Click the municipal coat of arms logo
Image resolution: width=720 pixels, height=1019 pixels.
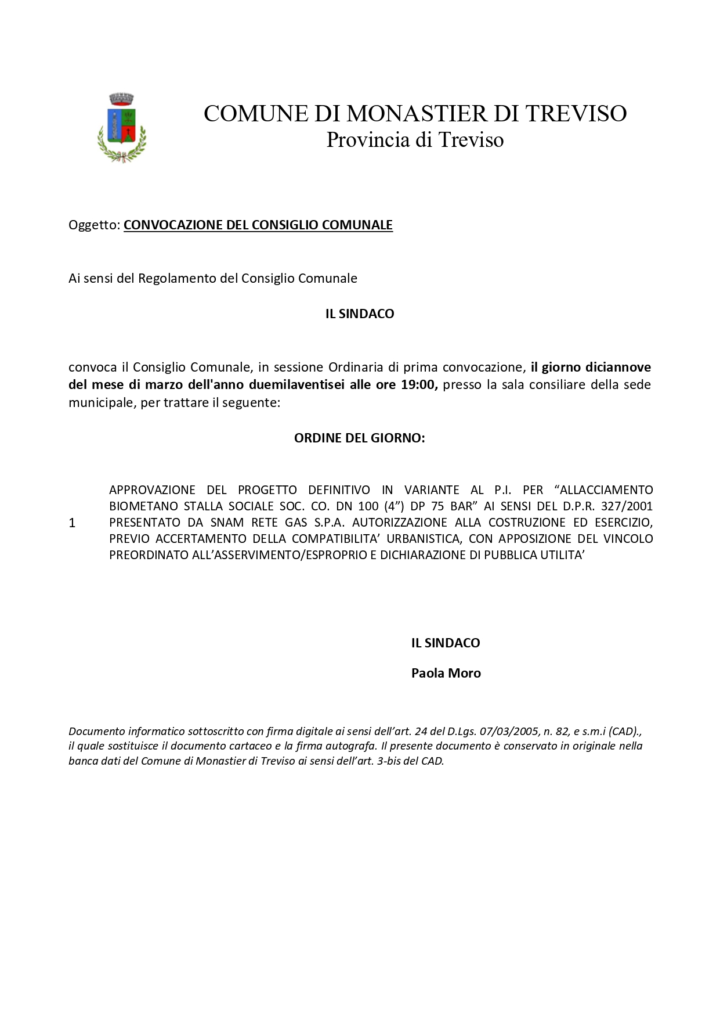pos(122,127)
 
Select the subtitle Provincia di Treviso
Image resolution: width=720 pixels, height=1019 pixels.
pos(415,140)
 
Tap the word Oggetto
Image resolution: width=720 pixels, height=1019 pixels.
pos(93,225)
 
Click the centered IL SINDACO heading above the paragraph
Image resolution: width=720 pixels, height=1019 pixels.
pos(360,314)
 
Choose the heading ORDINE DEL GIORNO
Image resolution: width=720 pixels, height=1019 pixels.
pos(360,438)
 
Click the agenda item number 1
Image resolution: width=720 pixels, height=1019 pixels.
pos(72,523)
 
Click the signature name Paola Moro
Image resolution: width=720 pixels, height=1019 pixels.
pos(446,674)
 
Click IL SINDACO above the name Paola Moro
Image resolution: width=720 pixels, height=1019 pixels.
pos(446,643)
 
